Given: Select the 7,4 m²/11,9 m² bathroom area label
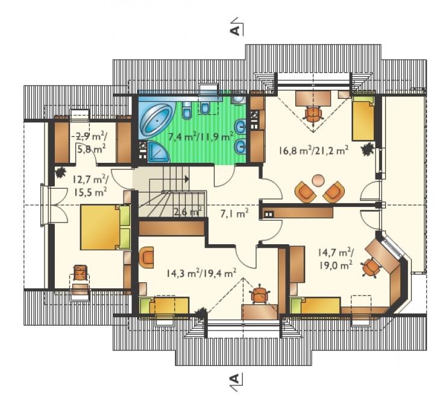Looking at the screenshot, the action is pos(201,136).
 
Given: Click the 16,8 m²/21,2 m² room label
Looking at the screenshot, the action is pos(313,150).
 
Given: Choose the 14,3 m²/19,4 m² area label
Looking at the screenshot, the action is pos(202,273).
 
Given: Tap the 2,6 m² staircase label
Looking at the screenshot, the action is pos(187,212).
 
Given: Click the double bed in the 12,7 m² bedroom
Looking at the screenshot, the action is pos(105,227).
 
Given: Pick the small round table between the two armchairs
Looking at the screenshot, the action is pos(318,180).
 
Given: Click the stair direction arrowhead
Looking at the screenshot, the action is pos(187,179).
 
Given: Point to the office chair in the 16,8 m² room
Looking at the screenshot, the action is pos(313,114).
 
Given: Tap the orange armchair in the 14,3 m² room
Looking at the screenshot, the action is pos(146,257).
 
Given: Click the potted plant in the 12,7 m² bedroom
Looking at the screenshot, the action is pos(60,172).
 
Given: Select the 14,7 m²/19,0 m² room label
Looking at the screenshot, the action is pos(335,259).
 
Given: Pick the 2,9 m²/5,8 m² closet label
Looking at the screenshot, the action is pos(90,142).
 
